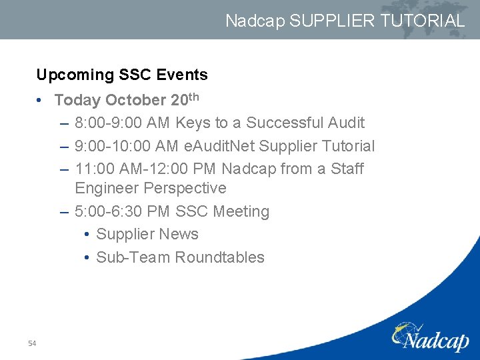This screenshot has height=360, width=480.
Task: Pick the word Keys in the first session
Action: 193,123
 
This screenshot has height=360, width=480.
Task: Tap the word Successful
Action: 285,123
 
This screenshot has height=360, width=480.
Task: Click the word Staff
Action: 347,169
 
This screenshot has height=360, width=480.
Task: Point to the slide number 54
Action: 32,343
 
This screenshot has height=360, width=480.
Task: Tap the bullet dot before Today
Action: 41,100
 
